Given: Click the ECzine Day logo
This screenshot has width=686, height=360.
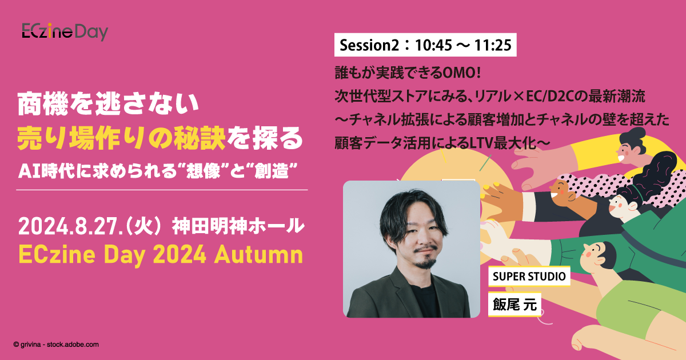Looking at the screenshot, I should (65, 32).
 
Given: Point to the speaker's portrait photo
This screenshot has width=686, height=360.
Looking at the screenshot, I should (411, 249).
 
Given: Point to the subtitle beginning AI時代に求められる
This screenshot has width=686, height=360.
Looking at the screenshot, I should (160, 170).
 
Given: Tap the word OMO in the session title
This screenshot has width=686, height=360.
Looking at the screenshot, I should (461, 74).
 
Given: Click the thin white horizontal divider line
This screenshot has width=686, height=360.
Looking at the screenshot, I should (163, 190).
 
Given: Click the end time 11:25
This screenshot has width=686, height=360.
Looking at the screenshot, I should (493, 45).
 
